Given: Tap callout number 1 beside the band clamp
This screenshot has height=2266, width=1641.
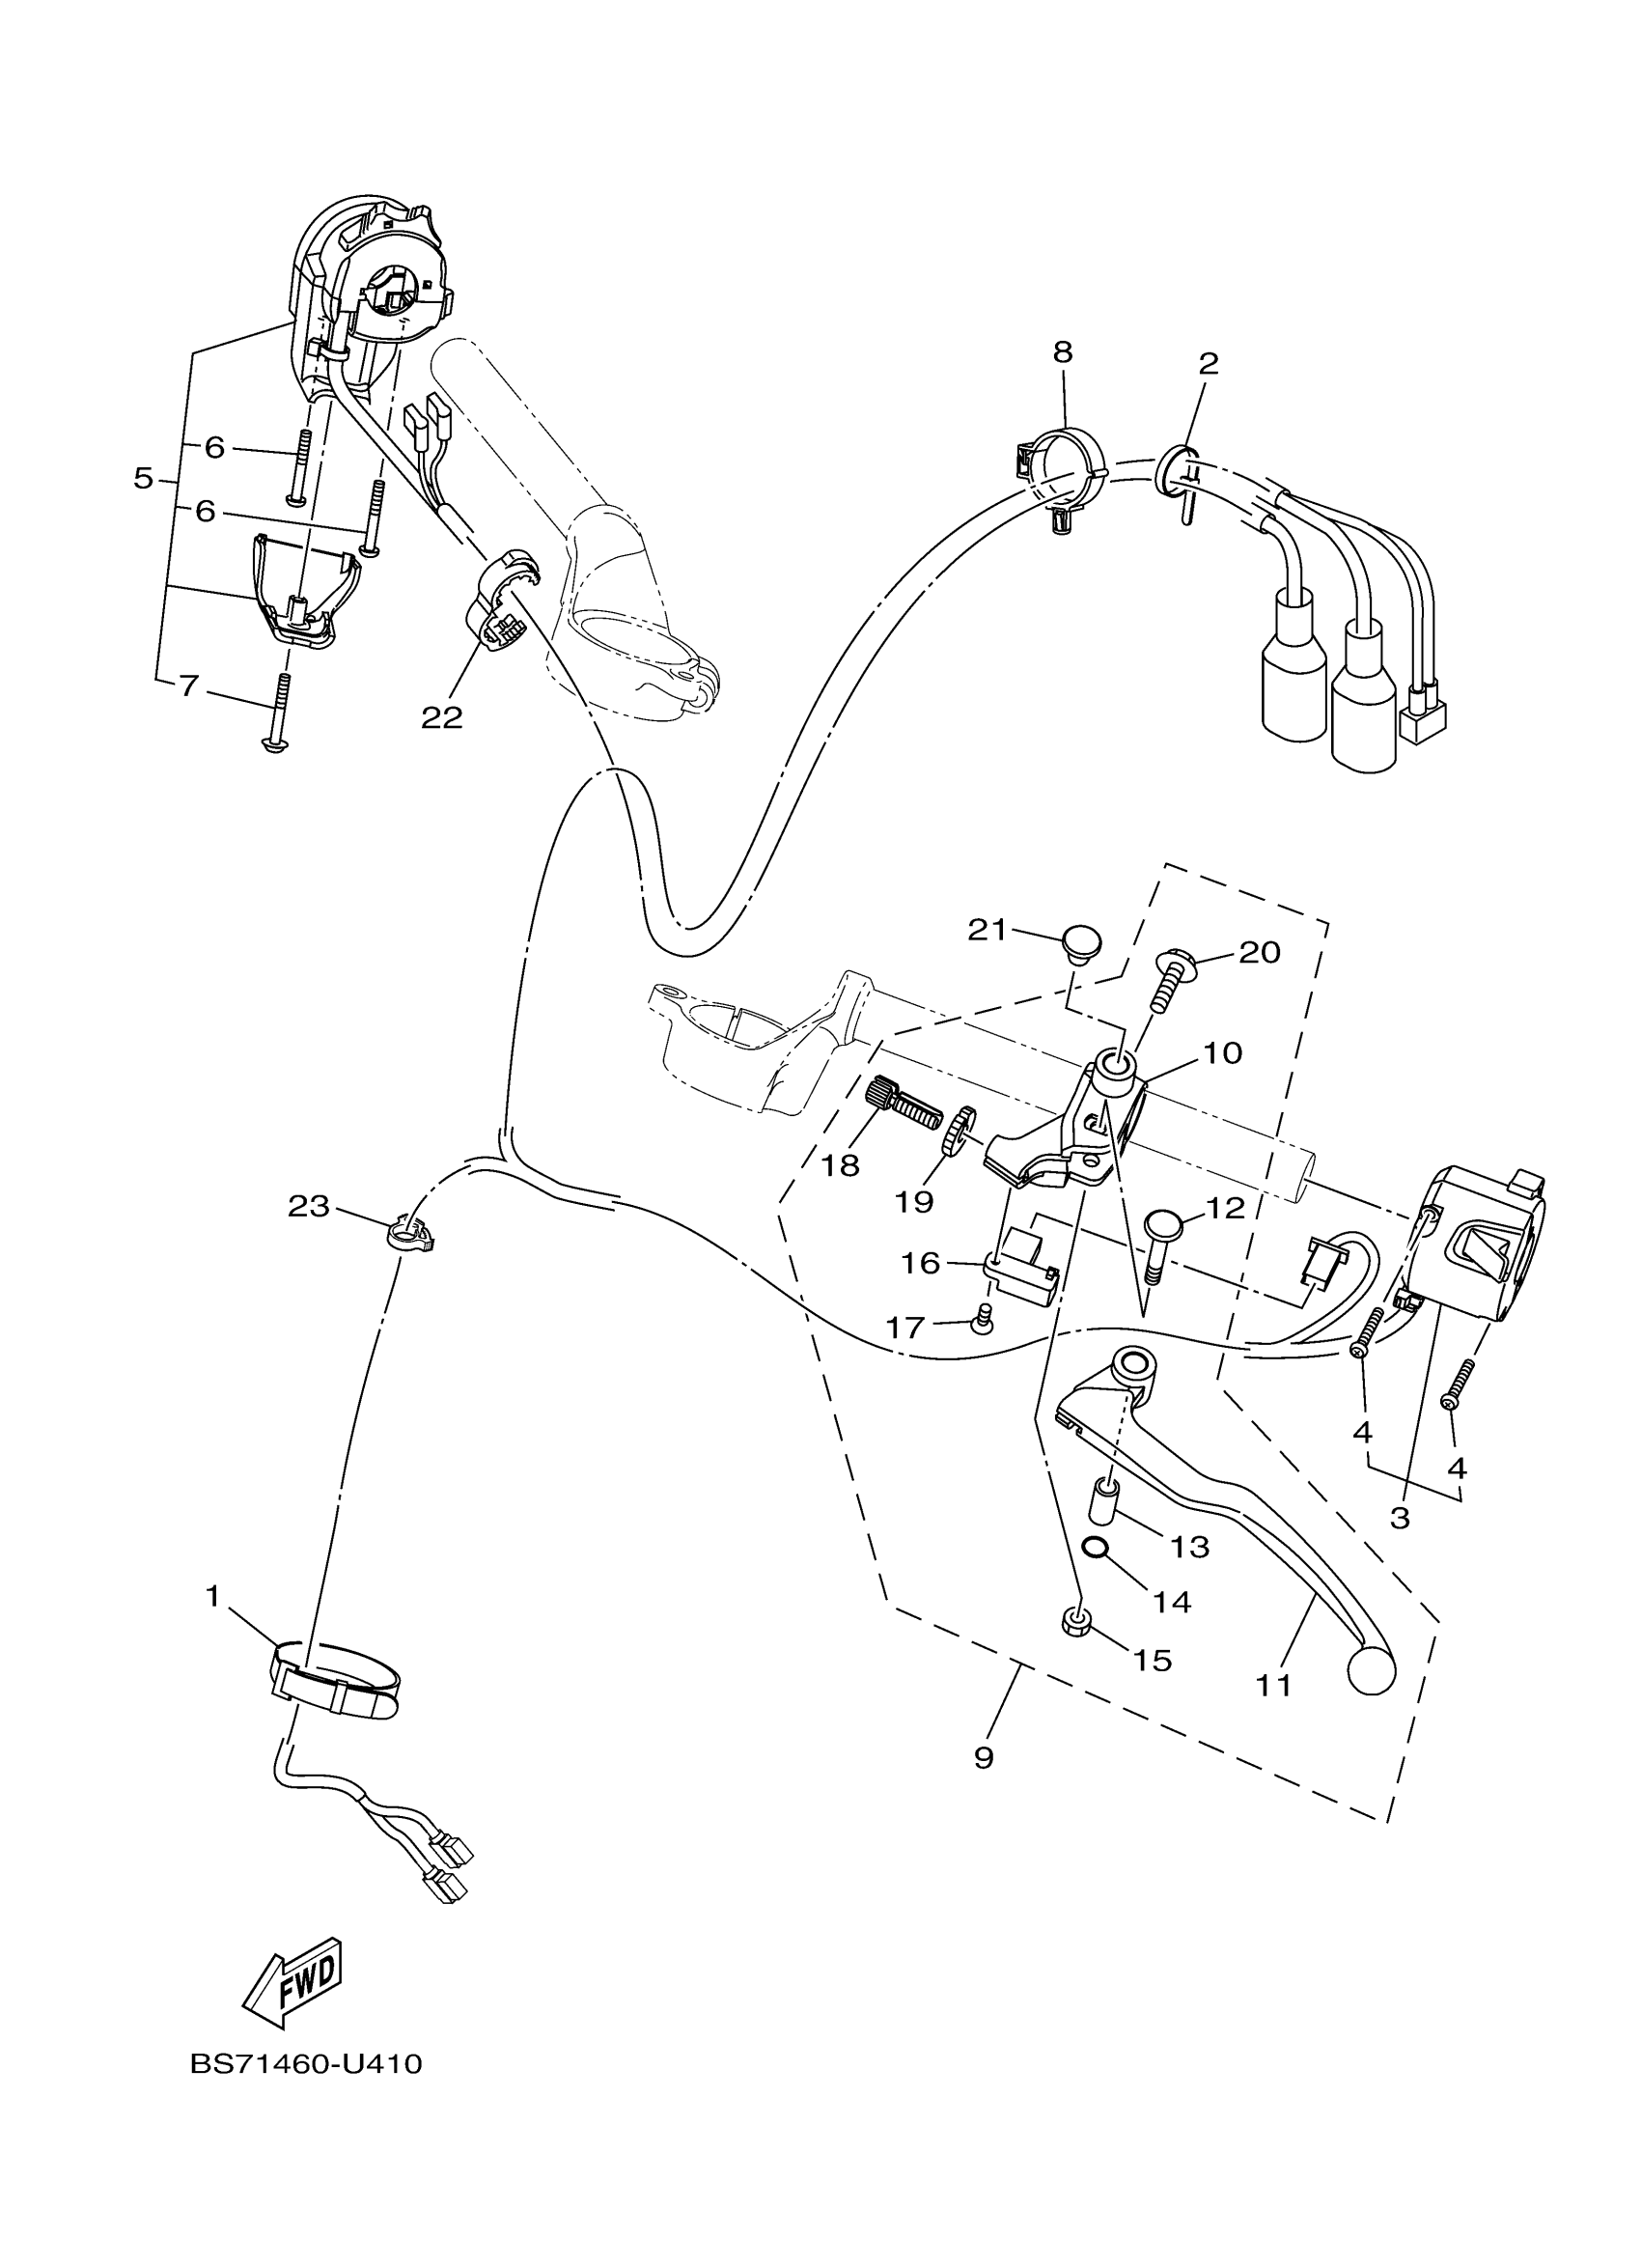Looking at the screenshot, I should point(211,1597).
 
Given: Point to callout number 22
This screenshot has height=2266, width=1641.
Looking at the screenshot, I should point(442,717).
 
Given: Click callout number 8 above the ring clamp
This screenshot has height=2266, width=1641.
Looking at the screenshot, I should point(1062,351).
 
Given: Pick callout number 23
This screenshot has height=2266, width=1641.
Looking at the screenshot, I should point(308,1207).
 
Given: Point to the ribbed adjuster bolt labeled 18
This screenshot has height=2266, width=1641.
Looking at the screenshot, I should point(902,1103).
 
